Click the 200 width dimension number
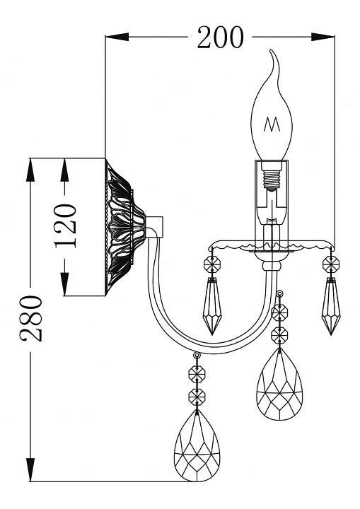(x=220, y=37)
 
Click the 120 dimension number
(x=65, y=226)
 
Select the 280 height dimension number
(x=31, y=318)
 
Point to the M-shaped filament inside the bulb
(x=272, y=124)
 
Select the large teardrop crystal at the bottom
(x=197, y=446)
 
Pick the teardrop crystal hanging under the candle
(x=279, y=384)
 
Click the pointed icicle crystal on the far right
(x=331, y=306)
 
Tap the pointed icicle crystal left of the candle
(x=212, y=306)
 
